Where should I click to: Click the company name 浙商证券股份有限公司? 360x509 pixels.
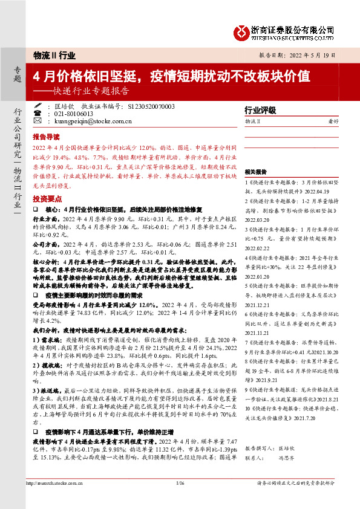point(293,28)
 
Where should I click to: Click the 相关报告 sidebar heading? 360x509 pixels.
point(257,172)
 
